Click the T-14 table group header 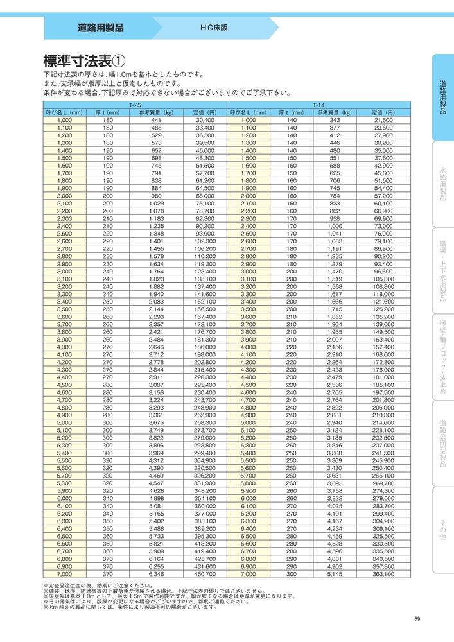point(319,104)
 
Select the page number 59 point(417,619)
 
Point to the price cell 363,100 point(383,575)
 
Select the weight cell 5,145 point(334,575)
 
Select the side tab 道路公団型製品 point(442,443)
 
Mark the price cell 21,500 point(383,120)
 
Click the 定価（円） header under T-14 point(383,112)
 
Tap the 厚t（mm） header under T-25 point(107,112)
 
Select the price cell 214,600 point(383,422)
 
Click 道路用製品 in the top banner point(100,28)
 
